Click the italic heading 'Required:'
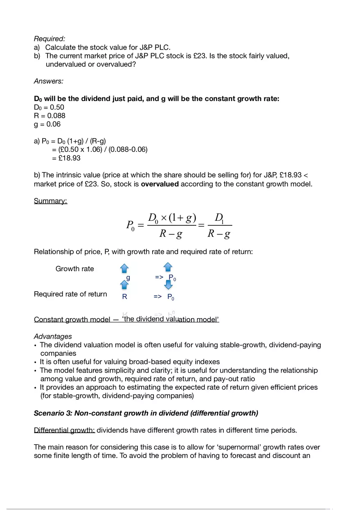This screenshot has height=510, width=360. coord(49,39)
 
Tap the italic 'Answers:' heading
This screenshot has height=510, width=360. coord(48,81)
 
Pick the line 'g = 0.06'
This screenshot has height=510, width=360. coord(47,124)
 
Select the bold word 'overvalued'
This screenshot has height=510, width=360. coord(160,184)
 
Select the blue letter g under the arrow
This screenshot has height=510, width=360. coord(128,277)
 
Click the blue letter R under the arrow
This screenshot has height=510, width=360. coord(125,297)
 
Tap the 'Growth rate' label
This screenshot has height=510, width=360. coord(74,269)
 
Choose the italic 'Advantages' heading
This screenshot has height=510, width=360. coord(53,337)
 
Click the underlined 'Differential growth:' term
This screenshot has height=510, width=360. coord(64,430)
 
